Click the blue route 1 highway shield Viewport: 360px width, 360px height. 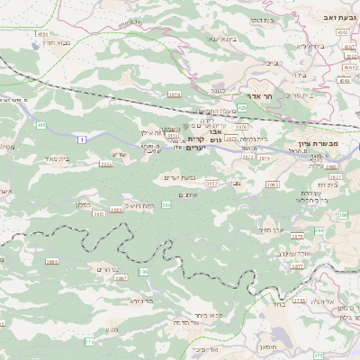[82, 139]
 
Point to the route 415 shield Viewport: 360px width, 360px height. [41, 126]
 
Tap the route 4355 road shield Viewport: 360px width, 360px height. [343, 32]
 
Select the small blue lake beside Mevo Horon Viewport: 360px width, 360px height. [33, 41]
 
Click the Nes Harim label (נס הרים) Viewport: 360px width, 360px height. [104, 269]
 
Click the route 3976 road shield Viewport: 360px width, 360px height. [242, 129]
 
